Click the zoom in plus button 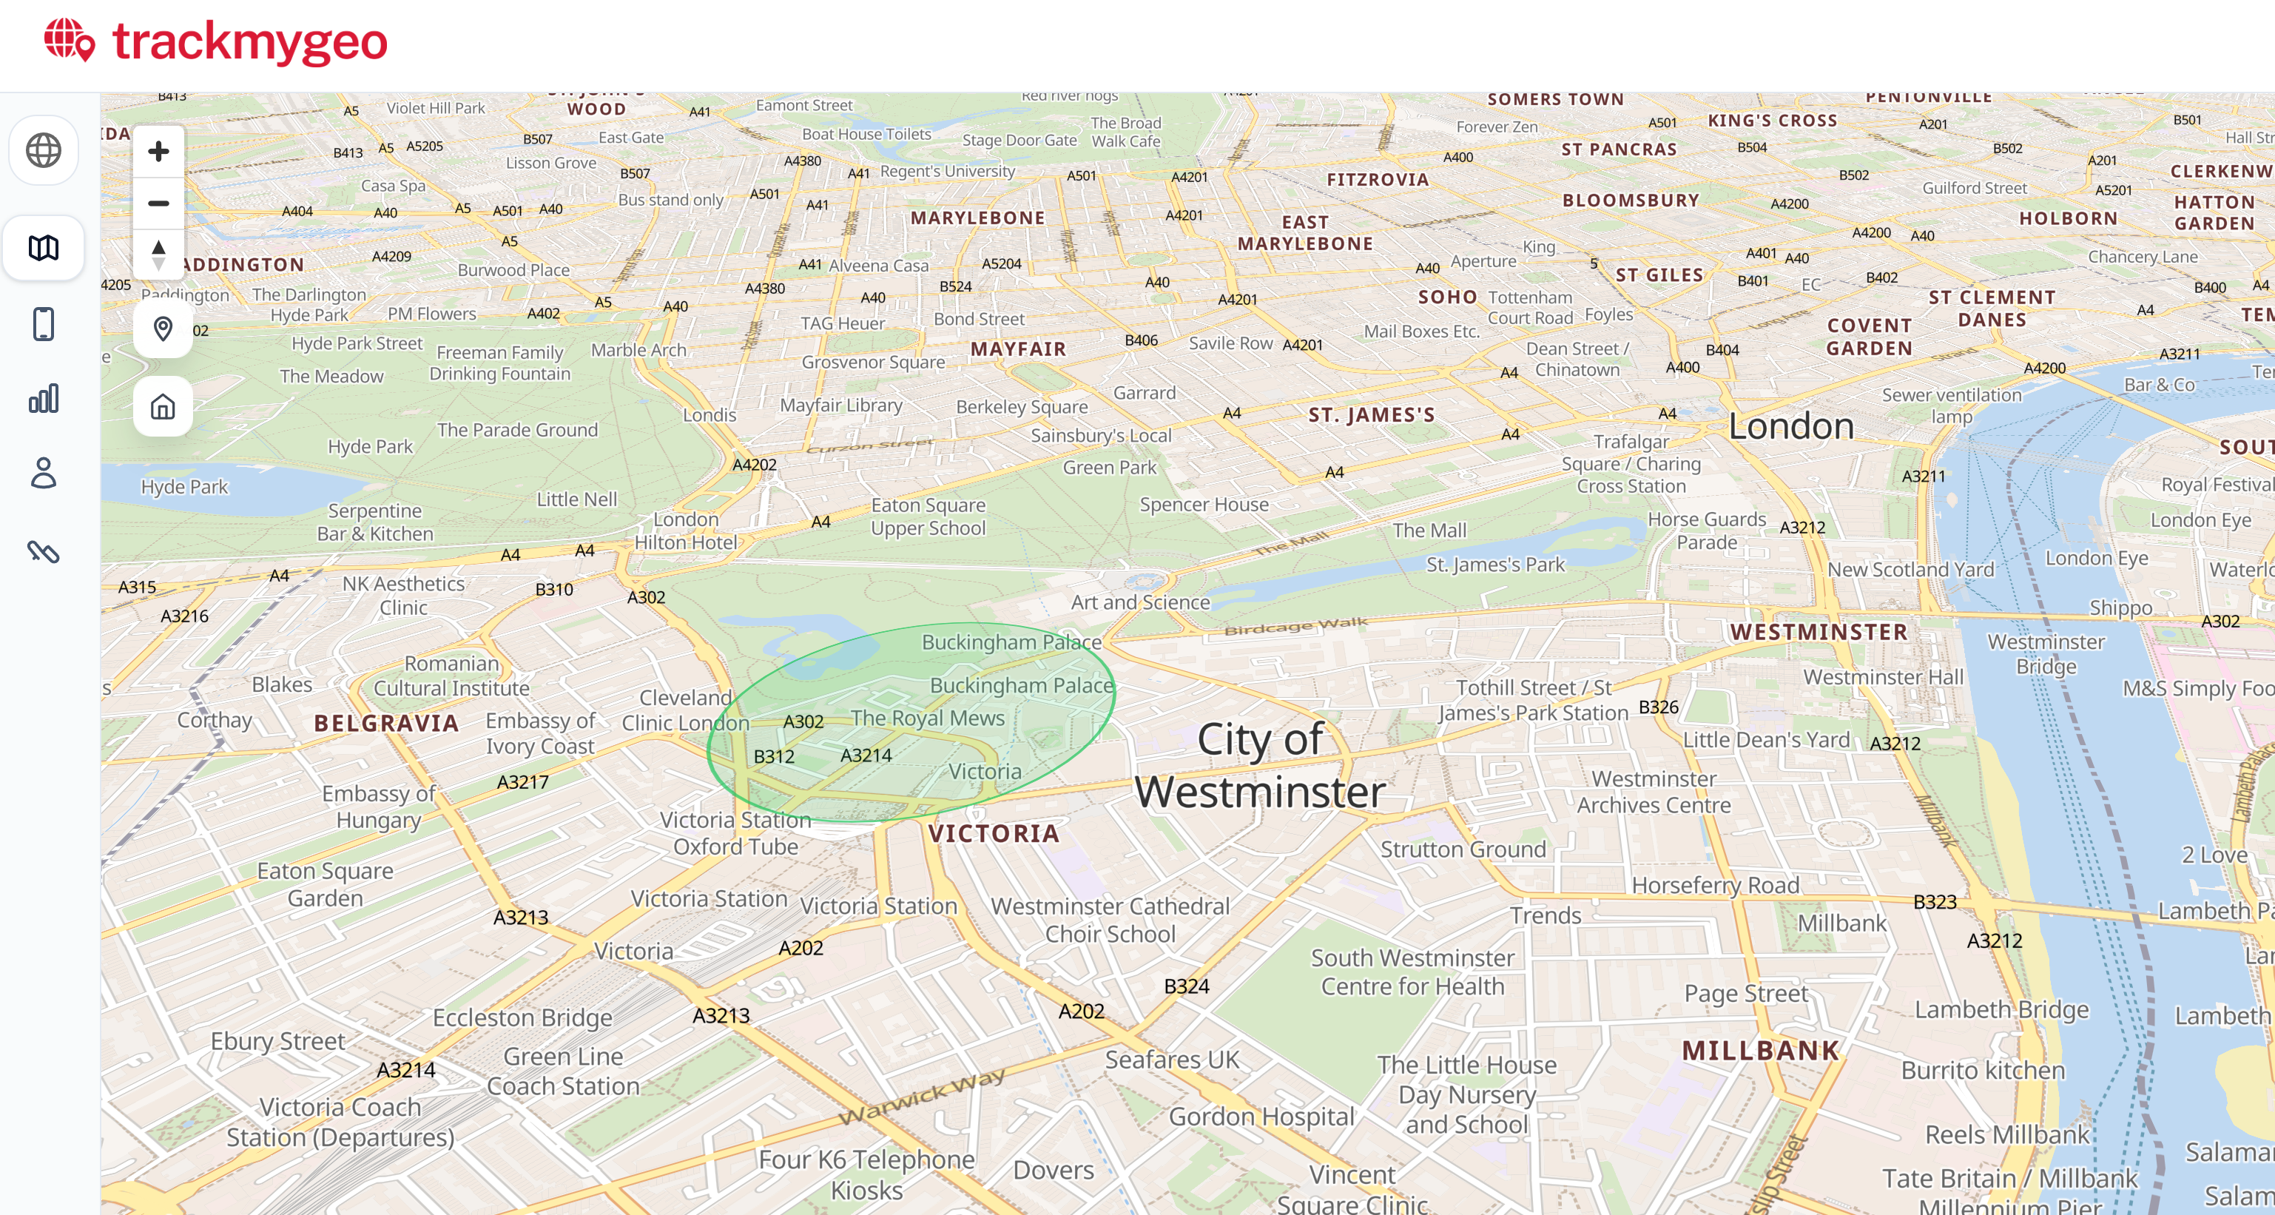pyautogui.click(x=159, y=151)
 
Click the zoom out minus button pyautogui.click(x=159, y=203)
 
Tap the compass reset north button pyautogui.click(x=159, y=255)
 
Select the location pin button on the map pyautogui.click(x=163, y=329)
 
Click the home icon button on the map pyautogui.click(x=163, y=407)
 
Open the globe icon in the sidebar pyautogui.click(x=43, y=150)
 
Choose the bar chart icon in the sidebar pyautogui.click(x=43, y=398)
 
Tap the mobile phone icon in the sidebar pyautogui.click(x=43, y=324)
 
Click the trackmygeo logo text pyautogui.click(x=250, y=41)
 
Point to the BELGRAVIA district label pyautogui.click(x=386, y=723)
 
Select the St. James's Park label pyautogui.click(x=1494, y=565)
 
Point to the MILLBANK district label pyautogui.click(x=1760, y=1051)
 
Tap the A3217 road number pyautogui.click(x=523, y=782)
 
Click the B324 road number pyautogui.click(x=1186, y=986)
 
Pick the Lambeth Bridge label pyautogui.click(x=2001, y=1009)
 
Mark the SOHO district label pyautogui.click(x=1447, y=297)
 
